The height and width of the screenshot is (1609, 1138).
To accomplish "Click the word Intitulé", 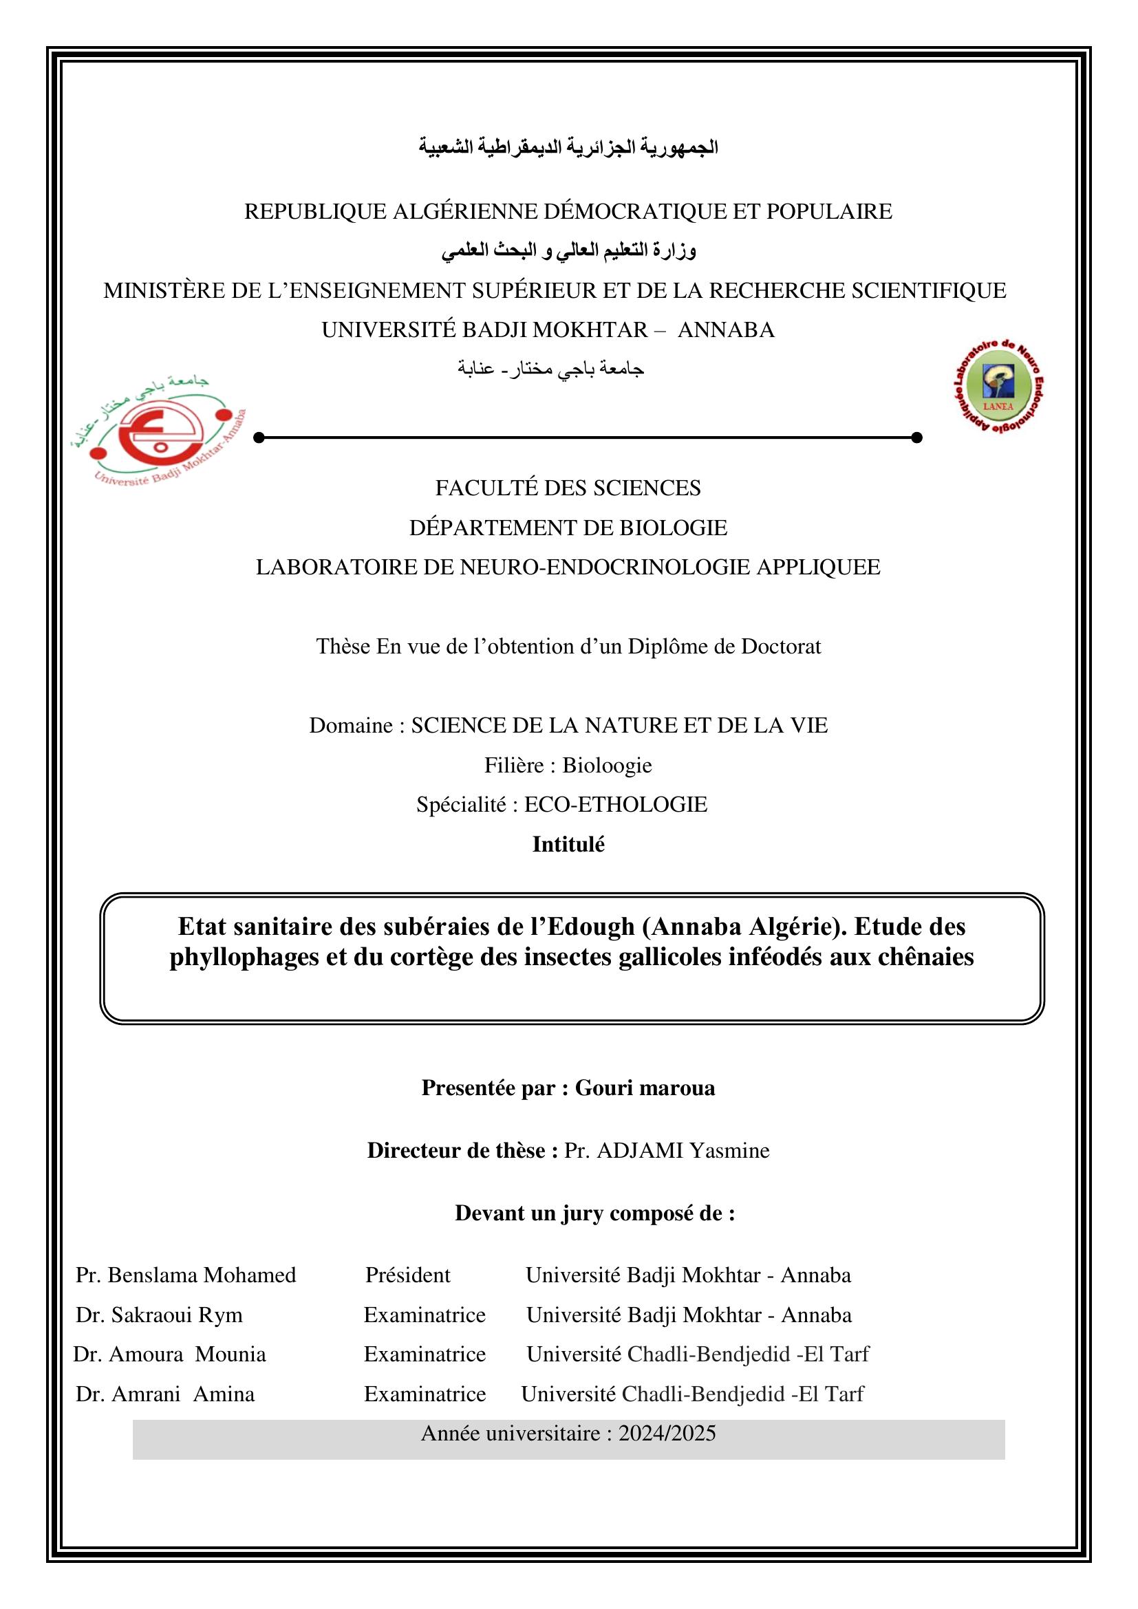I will (568, 845).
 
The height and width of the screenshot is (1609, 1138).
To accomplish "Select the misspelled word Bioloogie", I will (607, 765).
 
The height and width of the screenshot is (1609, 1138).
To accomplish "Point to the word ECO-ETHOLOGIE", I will (615, 805).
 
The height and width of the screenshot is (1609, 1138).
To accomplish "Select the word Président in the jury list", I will (408, 1275).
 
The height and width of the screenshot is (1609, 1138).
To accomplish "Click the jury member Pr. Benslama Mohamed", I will (186, 1275).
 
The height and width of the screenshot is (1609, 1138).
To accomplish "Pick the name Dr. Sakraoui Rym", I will (159, 1315).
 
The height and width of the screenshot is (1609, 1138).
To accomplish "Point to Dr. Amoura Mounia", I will (169, 1354).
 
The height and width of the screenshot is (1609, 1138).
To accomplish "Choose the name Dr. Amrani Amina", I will (164, 1394).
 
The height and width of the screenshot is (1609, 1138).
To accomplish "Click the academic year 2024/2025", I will (667, 1433).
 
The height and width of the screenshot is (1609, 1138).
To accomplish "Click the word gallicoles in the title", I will (669, 957).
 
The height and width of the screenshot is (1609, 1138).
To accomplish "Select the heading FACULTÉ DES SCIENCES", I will (568, 488).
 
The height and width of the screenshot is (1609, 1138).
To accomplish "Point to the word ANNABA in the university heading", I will (726, 330).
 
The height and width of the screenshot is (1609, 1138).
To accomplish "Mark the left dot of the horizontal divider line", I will (259, 438).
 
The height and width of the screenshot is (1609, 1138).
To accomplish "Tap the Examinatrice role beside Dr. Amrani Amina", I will (425, 1394).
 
